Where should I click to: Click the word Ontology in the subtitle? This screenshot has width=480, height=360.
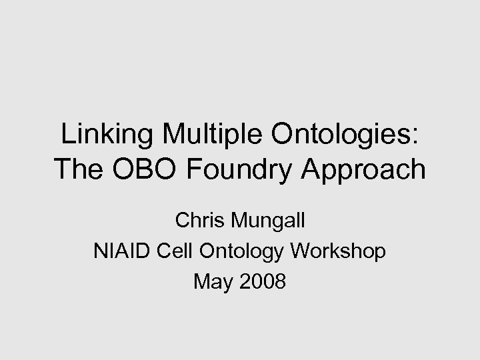244,251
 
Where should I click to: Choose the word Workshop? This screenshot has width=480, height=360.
338,251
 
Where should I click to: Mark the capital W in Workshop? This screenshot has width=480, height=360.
302,251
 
